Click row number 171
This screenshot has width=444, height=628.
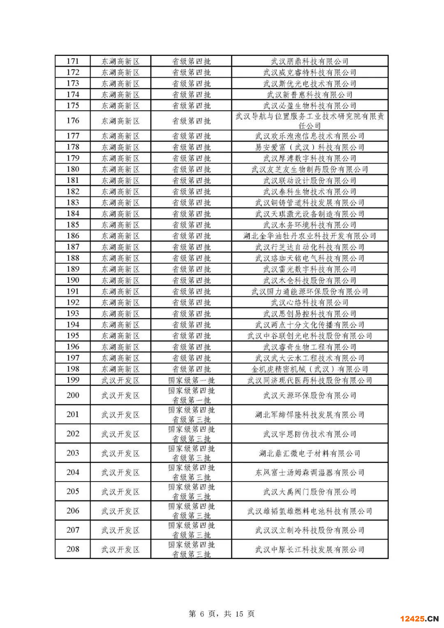coord(73,61)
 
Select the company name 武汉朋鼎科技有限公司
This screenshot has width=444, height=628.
coord(310,61)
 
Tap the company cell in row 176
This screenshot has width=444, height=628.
coord(310,121)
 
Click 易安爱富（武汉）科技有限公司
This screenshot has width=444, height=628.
coord(310,147)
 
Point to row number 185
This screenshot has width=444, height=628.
coord(73,225)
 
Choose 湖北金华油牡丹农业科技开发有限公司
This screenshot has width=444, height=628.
coord(310,236)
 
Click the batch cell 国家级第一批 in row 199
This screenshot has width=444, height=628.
coord(191,380)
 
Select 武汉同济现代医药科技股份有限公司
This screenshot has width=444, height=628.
coord(310,380)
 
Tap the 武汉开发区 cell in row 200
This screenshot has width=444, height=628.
coord(120,396)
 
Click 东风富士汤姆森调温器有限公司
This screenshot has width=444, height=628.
coord(310,473)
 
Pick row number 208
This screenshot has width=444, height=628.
coord(73,549)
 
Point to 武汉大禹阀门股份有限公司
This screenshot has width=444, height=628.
coord(310,492)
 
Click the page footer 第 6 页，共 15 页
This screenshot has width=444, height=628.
coord(222,614)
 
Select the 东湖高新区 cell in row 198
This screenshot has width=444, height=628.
coord(120,369)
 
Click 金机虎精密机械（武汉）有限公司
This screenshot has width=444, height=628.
coord(310,369)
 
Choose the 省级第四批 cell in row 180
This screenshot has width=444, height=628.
coord(191,169)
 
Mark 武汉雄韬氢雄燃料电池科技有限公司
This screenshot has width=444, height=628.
coord(310,511)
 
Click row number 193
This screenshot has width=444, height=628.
coord(73,314)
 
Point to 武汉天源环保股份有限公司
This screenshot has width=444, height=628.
coord(310,396)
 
